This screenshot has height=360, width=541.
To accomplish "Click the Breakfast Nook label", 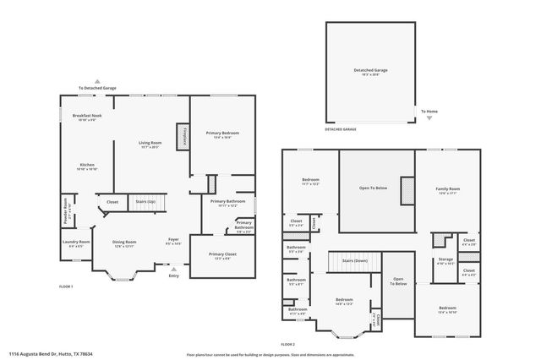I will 87,116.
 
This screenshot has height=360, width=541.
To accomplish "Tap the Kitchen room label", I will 87,166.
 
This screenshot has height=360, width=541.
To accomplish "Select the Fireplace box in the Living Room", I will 181,137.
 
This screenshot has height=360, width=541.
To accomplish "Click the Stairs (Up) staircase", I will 146,202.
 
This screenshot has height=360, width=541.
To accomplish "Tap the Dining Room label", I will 124,243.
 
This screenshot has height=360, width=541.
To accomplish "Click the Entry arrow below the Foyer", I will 174,270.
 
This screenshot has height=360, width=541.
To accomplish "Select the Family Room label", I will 448,190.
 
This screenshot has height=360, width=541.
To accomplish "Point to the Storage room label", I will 445,261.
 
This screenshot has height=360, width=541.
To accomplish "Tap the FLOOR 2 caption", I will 288,344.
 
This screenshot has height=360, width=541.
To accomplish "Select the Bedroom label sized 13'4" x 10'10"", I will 448,310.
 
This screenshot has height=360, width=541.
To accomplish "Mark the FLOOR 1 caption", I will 66,287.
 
